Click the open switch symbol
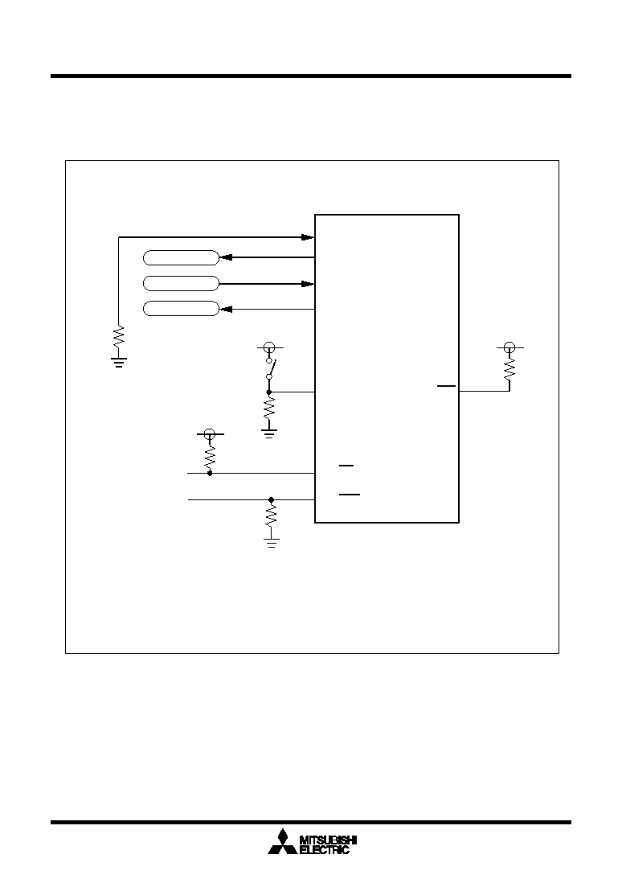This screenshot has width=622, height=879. [269, 368]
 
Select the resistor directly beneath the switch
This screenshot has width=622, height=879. [269, 408]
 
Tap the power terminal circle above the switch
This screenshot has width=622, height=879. [269, 347]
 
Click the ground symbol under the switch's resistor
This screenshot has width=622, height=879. [269, 433]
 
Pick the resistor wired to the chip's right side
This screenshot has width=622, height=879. [509, 369]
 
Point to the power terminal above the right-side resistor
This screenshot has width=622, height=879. [509, 347]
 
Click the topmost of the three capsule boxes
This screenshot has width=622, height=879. [181, 258]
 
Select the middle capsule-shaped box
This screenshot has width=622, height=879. [181, 284]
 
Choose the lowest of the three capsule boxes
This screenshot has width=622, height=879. [181, 309]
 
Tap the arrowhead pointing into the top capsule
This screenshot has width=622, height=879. [226, 258]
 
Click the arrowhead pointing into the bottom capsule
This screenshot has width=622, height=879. [226, 309]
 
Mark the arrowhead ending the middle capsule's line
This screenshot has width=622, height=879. [308, 284]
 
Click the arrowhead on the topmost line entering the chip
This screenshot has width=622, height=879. [308, 237]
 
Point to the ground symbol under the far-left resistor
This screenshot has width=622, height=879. [119, 362]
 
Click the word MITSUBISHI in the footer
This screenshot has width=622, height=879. [329, 840]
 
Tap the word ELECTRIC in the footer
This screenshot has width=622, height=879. [325, 850]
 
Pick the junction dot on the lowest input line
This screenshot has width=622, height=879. [271, 499]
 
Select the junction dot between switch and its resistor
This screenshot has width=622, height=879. [269, 392]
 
